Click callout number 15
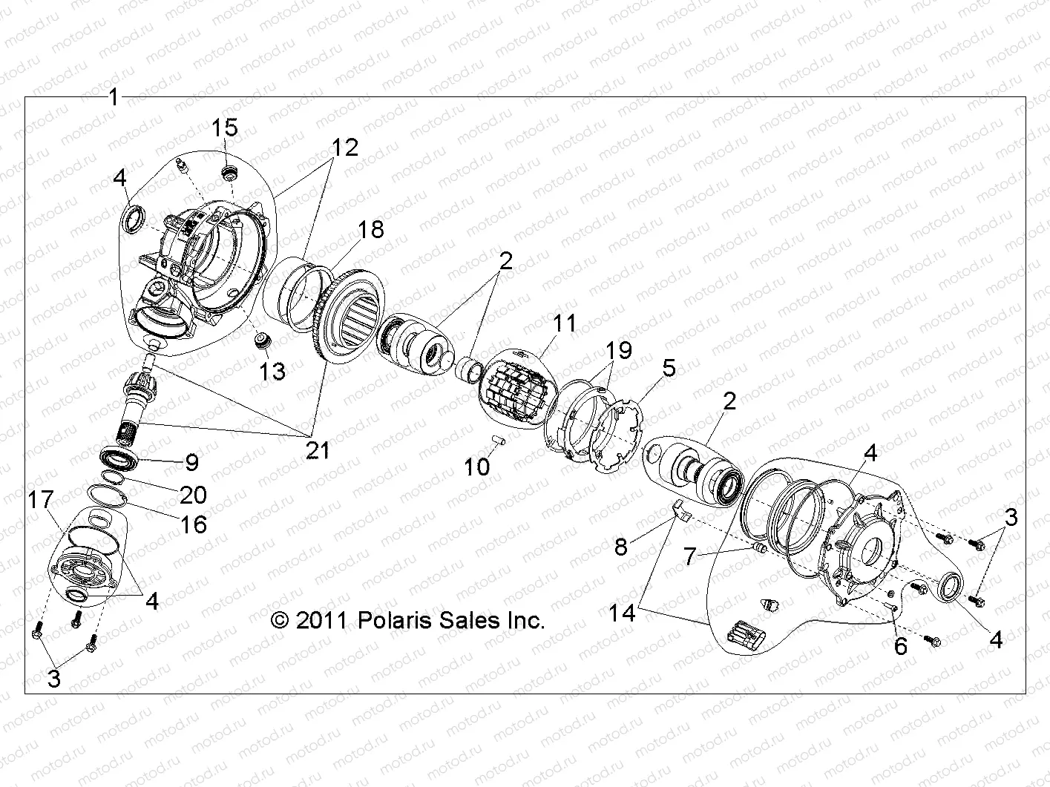(x=225, y=128)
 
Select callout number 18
(x=371, y=229)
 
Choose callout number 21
(x=318, y=450)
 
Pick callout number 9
(x=191, y=463)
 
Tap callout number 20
(x=192, y=494)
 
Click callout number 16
(x=194, y=524)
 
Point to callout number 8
(x=621, y=547)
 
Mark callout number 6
(x=900, y=646)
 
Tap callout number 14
(x=624, y=613)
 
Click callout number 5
(x=669, y=368)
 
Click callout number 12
(x=344, y=147)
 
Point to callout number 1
(x=114, y=96)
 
